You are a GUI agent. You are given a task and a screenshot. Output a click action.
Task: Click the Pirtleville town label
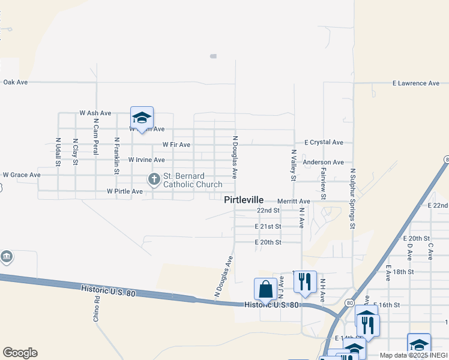pos(244,200)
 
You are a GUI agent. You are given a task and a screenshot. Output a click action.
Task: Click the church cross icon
pos(154,178)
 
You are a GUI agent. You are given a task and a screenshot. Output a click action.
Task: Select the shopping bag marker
pos(265,289)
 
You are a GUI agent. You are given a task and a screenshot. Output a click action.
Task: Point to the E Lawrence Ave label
pos(416,83)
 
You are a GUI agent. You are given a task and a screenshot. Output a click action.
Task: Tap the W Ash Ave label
pos(95,113)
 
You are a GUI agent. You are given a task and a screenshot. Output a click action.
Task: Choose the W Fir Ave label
pos(176,145)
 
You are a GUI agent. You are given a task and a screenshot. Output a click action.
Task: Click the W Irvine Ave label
pos(146,160)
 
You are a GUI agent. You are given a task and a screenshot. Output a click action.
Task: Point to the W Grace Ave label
pos(22,175)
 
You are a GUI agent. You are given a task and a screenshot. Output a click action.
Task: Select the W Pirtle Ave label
pos(125,191)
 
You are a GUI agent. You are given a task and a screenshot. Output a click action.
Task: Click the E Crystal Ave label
pos(324,143)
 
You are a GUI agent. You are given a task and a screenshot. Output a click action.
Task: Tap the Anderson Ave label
pos(323,162)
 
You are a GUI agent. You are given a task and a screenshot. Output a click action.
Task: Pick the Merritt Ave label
pos(294,201)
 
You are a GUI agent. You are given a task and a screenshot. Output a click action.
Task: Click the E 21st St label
pos(268,226)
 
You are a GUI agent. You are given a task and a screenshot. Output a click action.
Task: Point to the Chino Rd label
pos(96,308)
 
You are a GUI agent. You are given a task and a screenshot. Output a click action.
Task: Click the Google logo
pos(20,353)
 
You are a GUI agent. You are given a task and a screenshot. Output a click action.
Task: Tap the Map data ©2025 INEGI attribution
pos(414,355)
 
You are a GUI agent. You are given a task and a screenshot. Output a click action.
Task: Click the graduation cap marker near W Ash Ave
pos(142,117)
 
